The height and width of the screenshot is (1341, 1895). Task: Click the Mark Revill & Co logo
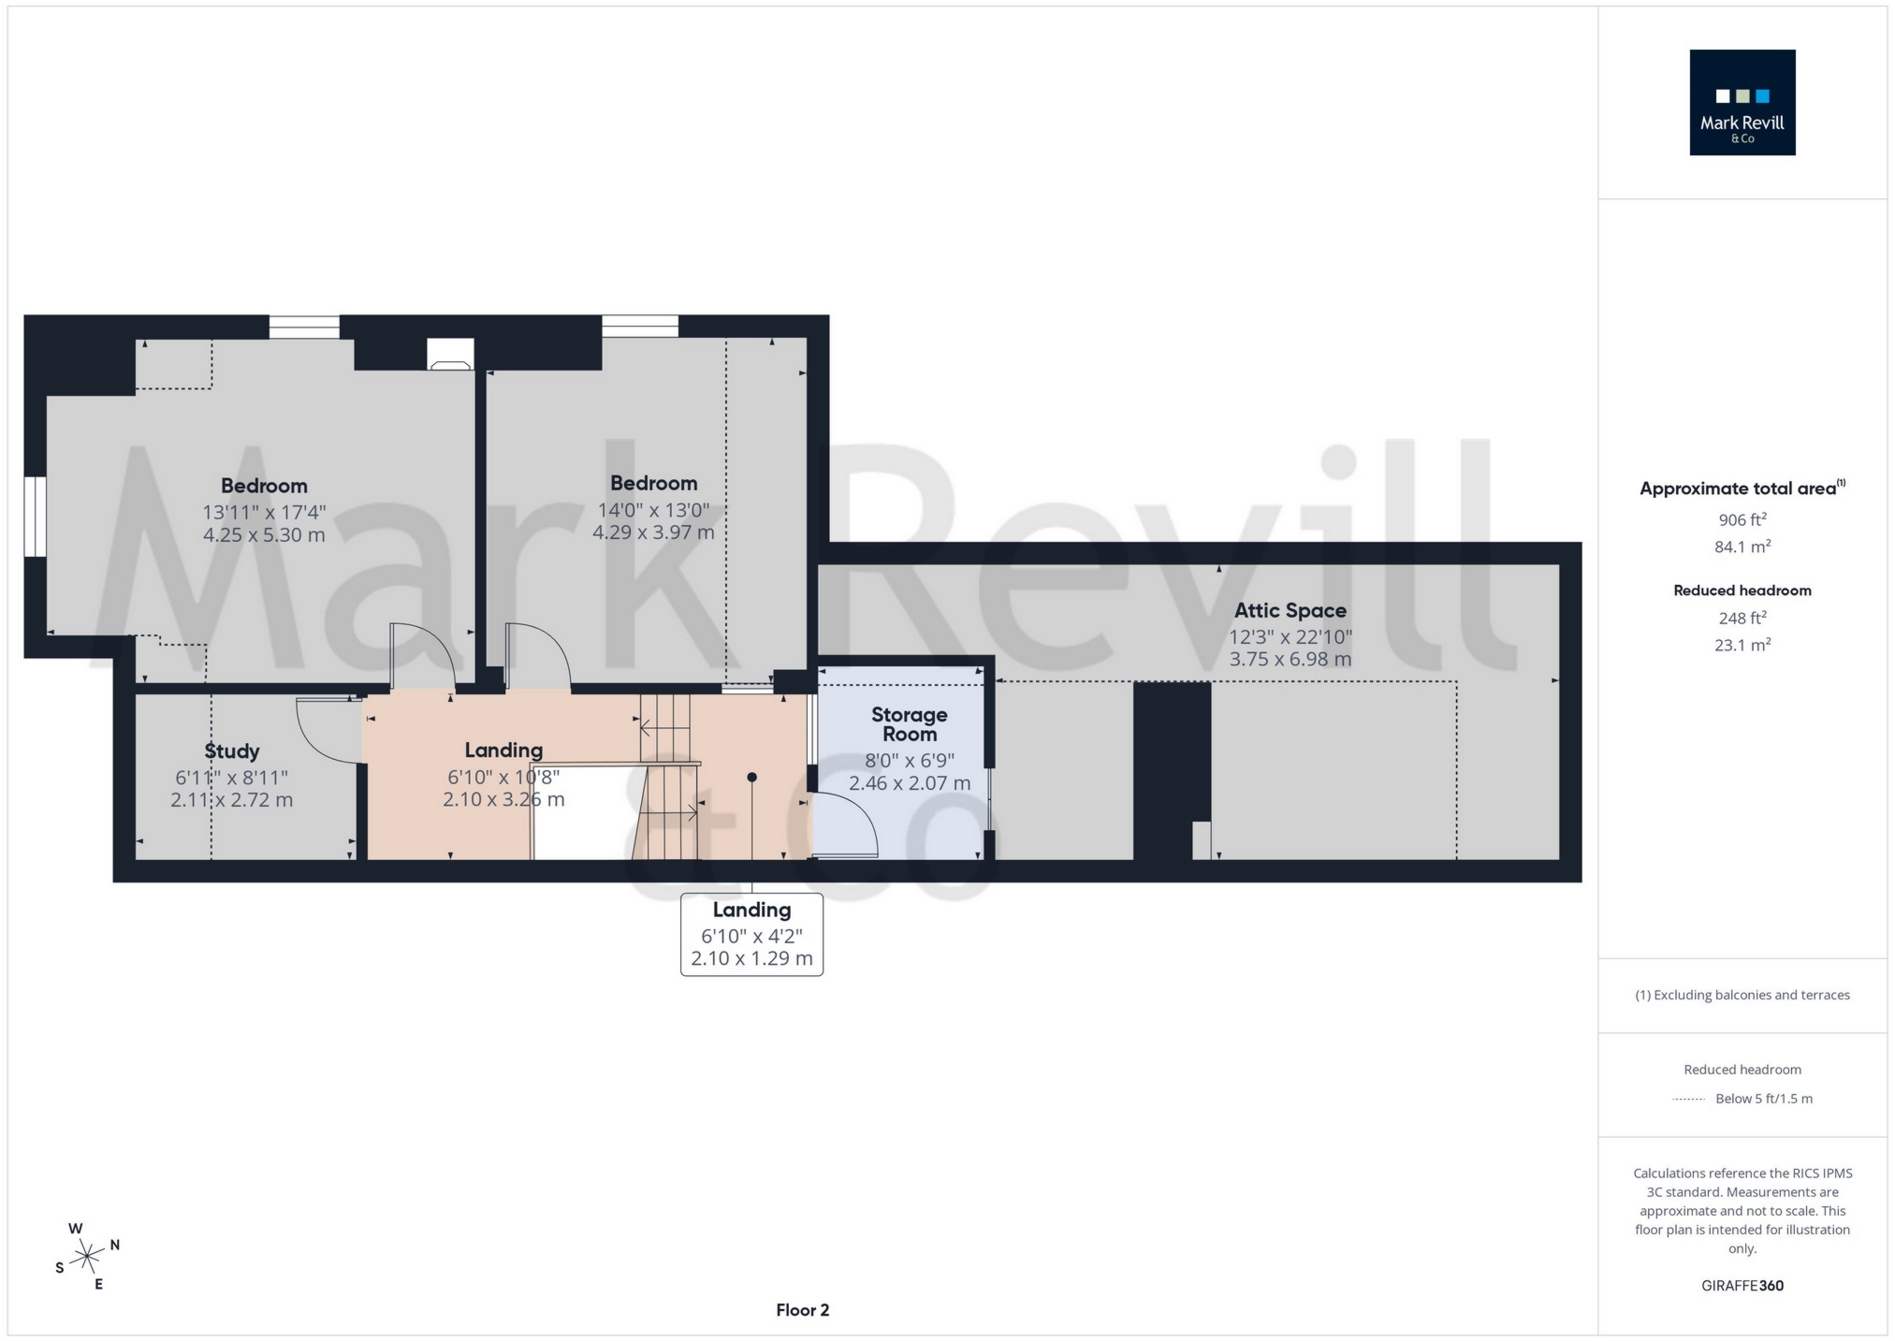(1742, 102)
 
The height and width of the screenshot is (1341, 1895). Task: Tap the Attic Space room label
(1290, 610)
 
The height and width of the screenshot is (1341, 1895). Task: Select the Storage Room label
(909, 724)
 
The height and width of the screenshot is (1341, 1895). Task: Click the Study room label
(232, 751)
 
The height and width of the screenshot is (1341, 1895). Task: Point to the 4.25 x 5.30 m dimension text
(264, 535)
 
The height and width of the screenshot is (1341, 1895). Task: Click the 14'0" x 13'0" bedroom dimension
(653, 510)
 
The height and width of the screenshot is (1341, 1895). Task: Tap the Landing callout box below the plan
(751, 934)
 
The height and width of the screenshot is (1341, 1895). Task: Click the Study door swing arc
(323, 735)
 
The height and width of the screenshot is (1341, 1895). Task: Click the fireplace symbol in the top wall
(450, 355)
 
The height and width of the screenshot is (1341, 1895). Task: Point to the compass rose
(87, 1256)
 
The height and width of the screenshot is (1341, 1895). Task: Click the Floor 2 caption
(802, 1310)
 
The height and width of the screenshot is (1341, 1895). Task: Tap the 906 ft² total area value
(1742, 520)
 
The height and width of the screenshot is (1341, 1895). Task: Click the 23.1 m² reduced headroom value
(1742, 645)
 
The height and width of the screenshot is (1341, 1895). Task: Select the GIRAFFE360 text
(1742, 1286)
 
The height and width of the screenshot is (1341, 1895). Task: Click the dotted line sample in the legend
(1688, 1100)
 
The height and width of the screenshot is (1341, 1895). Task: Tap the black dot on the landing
(751, 778)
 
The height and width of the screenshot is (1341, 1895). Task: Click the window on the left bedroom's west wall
(35, 517)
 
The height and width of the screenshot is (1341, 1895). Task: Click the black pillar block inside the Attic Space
(1172, 770)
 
